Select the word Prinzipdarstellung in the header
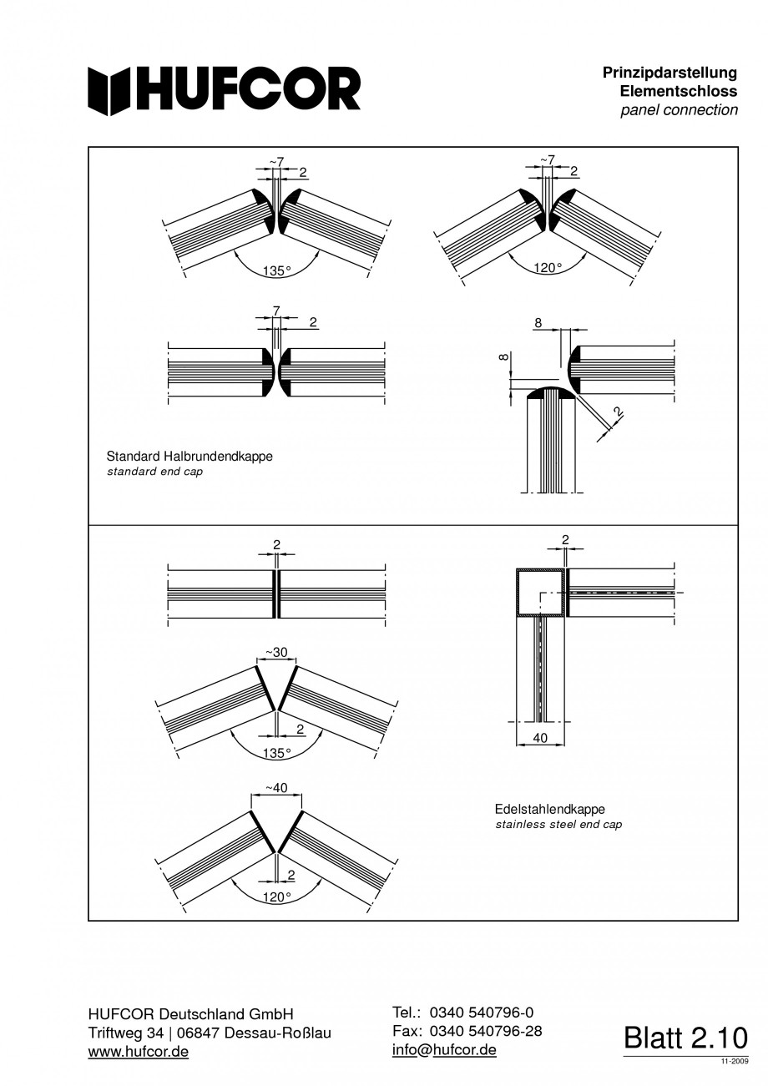coord(669,73)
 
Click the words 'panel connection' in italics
coord(679,110)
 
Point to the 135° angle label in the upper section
coord(276,270)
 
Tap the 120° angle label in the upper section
coord(548,268)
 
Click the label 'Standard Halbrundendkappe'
coord(189,457)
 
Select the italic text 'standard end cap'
coord(154,472)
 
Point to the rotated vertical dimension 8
coord(502,356)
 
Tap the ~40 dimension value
coord(275,787)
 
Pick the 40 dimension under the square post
coord(541,739)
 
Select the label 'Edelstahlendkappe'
coord(549,809)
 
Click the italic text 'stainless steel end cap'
coord(558,825)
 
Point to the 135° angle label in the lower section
coord(276,752)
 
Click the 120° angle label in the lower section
coord(276,897)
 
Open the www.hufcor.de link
coord(139,1052)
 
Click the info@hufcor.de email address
coord(444,1049)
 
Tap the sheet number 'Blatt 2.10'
coord(685,1038)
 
